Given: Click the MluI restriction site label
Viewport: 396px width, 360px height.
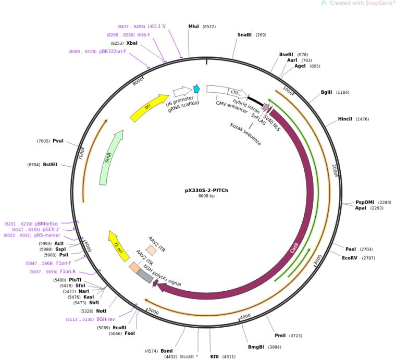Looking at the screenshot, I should pos(194,26).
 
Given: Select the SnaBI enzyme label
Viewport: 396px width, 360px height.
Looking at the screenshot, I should pos(244,35).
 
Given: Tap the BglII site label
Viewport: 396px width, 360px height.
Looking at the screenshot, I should pos(327,92).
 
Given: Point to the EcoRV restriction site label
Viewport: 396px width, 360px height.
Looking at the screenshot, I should pos(351,258).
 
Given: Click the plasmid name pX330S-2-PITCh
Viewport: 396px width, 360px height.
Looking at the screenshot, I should pos(206,190).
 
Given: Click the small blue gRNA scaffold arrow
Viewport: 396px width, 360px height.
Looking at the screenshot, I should pos(196,89).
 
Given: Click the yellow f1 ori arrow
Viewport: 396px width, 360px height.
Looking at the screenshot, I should pos(118,244).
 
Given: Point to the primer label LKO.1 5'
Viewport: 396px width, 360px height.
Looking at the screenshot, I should pos(157,26).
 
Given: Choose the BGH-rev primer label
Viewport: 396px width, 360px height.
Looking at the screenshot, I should pos(105,319).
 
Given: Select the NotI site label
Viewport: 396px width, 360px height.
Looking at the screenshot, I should pos(101,311).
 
